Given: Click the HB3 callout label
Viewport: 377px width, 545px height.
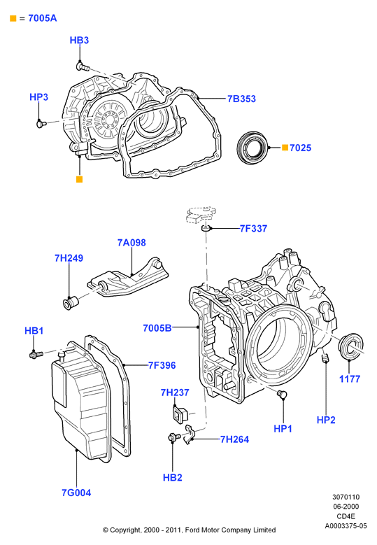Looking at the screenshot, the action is tap(79, 41).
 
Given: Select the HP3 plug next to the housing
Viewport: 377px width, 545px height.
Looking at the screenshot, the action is tap(41, 123).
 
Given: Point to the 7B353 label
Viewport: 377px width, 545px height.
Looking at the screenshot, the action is tap(241, 99).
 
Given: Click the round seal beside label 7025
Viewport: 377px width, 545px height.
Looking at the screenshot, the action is tap(253, 147).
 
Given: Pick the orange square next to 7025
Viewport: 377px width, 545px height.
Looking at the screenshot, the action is tap(285, 148).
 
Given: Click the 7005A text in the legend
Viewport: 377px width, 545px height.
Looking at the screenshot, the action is tap(43, 18).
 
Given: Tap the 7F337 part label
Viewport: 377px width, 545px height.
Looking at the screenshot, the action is tap(253, 229).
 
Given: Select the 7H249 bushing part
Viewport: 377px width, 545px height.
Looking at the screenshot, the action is tap(71, 302).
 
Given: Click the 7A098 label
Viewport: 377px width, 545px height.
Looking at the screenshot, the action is tap(131, 243).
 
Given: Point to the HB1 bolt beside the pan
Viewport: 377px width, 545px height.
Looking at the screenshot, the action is tap(36, 355).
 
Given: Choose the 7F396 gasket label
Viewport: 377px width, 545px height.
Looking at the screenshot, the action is tap(162, 365).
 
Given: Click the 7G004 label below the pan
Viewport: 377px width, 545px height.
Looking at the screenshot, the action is tap(76, 493).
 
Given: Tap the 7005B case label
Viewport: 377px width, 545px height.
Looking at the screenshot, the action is tap(157, 327).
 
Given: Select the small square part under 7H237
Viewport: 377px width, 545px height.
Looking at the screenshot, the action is tap(180, 414).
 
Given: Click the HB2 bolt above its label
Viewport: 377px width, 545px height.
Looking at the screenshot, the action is tap(173, 437).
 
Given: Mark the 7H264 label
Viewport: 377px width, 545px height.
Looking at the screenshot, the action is tap(234, 439).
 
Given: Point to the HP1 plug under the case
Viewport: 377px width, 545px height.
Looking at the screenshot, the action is tap(282, 394).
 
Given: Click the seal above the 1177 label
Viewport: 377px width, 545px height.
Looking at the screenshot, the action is tap(351, 346).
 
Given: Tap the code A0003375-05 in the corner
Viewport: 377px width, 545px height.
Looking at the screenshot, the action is tap(346, 526).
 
